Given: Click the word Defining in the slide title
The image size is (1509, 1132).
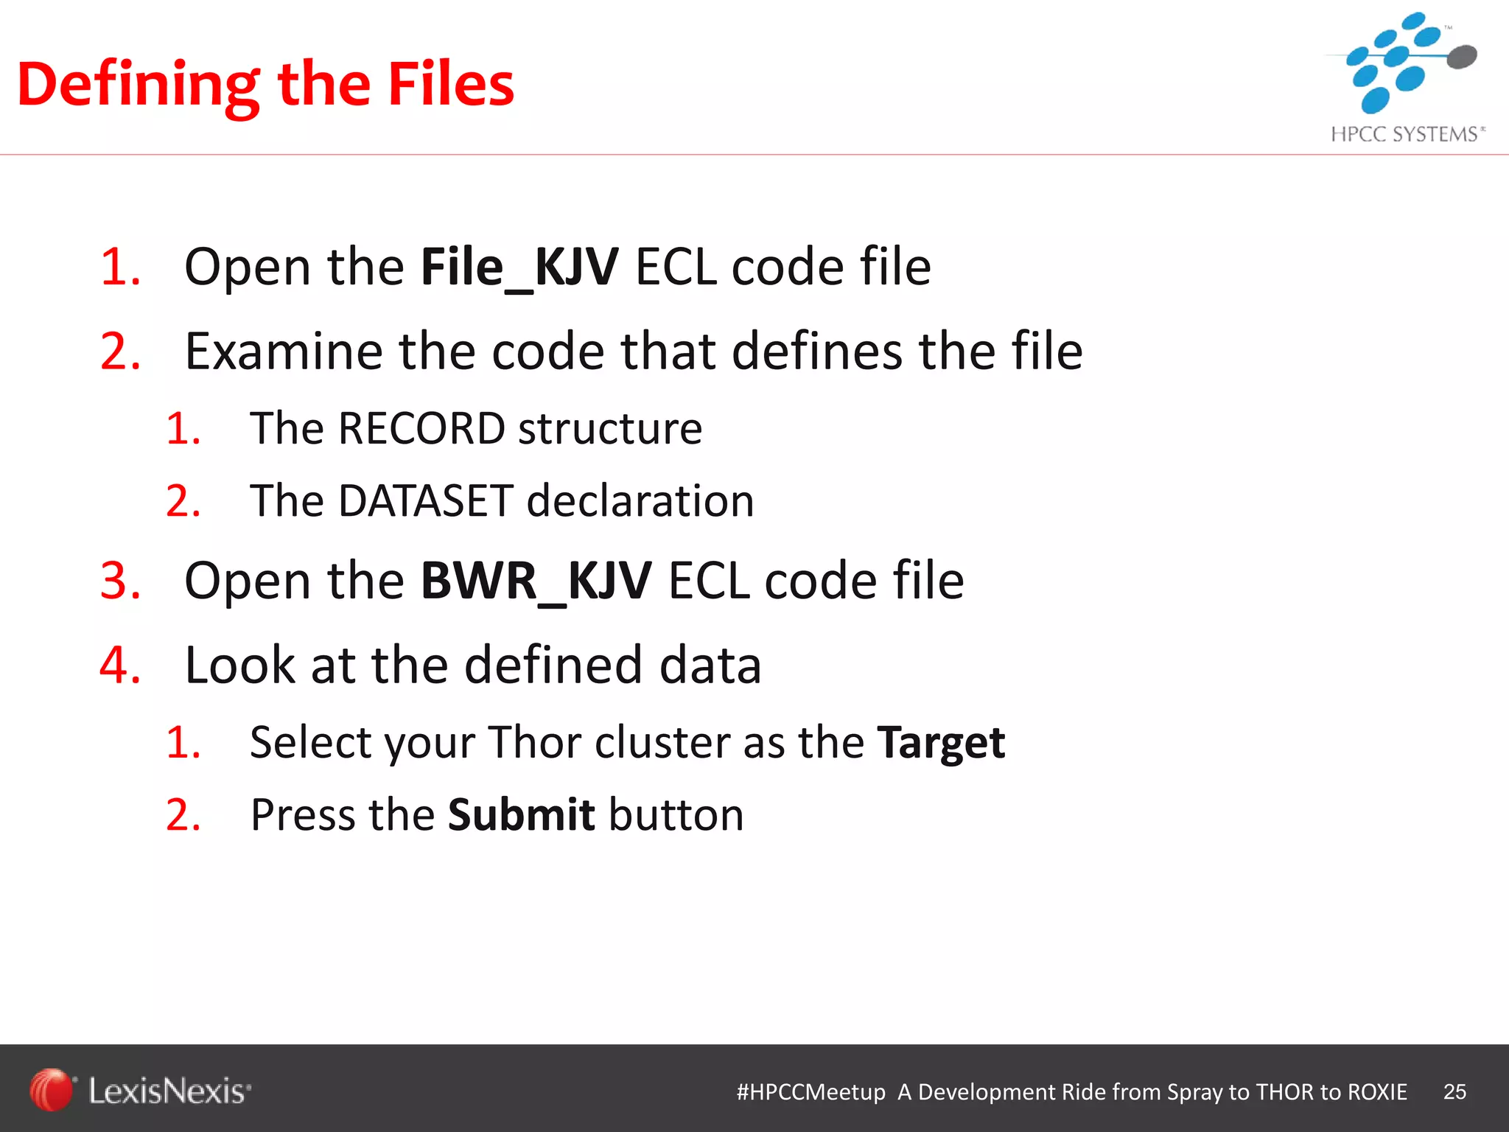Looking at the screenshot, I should [x=138, y=86].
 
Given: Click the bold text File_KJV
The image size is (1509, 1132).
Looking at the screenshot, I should [x=519, y=268].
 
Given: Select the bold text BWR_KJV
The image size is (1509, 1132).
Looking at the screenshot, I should [x=536, y=581].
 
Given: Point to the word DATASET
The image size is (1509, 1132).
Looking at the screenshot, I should [x=425, y=501].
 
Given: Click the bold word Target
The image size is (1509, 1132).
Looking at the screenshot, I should [x=941, y=743].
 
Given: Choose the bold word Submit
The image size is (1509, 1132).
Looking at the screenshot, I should [x=521, y=815].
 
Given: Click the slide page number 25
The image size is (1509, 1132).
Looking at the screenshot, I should [x=1454, y=1091].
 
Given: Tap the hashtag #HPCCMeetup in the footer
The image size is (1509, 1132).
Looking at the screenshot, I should [x=810, y=1092].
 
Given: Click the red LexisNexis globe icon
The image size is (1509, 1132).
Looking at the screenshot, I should [x=51, y=1090].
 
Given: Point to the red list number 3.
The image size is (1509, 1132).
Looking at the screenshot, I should [x=120, y=581].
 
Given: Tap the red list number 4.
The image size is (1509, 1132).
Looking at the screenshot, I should [x=120, y=665].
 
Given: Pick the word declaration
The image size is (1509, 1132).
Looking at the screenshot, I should [x=640, y=501].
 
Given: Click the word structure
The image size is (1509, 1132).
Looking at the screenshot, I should [x=610, y=428].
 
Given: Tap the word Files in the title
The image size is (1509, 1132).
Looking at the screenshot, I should [x=450, y=85].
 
